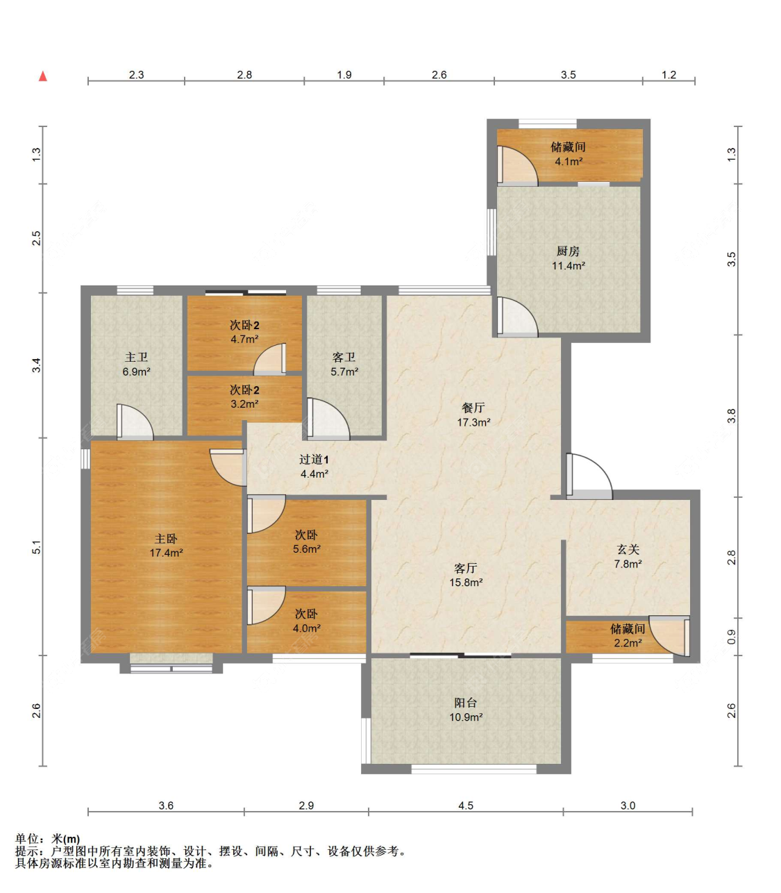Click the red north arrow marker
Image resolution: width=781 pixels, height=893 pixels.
coord(43,76)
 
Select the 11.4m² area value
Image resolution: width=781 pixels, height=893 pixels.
coord(568,265)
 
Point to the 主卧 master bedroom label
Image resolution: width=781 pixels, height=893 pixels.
coord(166,538)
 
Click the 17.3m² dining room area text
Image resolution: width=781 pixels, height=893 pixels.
coord(473,422)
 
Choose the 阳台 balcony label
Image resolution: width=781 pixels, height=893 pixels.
coord(466,702)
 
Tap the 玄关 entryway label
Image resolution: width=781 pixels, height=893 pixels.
coord(628,549)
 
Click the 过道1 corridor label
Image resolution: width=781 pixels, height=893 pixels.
coord(314,459)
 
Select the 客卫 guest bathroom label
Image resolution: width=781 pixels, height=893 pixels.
coord(344,357)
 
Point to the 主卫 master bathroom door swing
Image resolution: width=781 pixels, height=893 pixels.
coord(135,422)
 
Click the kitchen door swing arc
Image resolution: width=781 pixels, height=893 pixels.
coord(517,317)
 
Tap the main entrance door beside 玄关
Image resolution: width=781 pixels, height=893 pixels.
coord(589,476)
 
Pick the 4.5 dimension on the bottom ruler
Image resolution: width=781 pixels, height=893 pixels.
coord(466,806)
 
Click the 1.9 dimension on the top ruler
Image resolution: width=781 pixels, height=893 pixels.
coord(344,74)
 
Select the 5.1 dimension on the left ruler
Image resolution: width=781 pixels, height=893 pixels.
coord(37,547)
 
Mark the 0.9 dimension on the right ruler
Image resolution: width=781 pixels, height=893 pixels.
coord(731,637)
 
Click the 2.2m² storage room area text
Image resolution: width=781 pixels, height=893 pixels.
coord(628,642)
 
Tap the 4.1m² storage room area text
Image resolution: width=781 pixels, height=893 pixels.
coord(569,162)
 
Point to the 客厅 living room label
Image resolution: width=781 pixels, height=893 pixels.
coord(466,568)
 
